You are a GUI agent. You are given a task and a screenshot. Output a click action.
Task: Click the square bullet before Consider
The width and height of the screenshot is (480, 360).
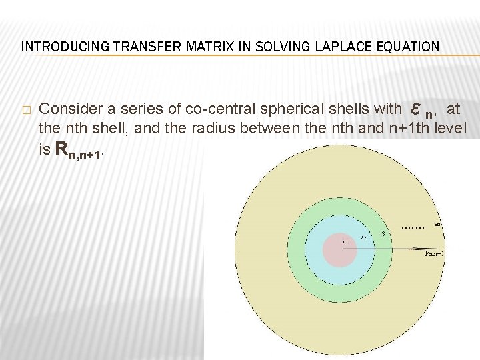[25, 109]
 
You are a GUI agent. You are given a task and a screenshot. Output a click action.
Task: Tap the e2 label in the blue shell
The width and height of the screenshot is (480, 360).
[364, 237]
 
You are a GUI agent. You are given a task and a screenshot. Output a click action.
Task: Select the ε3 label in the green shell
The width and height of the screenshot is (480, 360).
[380, 234]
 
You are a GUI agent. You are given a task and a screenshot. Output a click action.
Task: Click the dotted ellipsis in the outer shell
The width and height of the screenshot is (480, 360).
[413, 227]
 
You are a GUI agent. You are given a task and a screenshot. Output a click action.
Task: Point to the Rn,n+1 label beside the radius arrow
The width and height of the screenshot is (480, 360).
[436, 254]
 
